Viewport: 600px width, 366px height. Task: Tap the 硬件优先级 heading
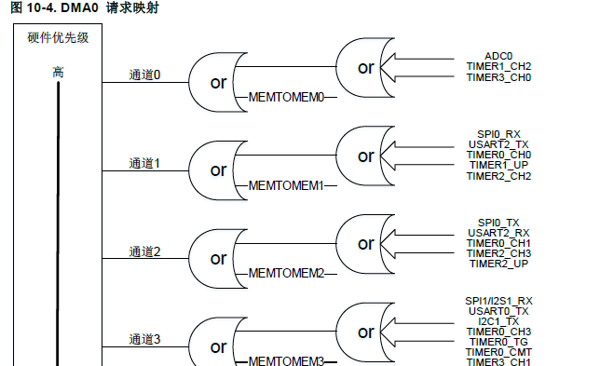coord(58,38)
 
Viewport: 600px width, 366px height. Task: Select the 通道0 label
coord(144,75)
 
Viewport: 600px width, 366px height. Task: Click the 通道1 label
coord(144,163)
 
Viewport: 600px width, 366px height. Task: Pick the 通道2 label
coord(144,251)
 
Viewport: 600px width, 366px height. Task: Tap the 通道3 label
coord(144,340)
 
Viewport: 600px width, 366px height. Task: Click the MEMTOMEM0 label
coord(286,97)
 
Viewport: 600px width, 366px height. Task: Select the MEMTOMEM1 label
coord(286,185)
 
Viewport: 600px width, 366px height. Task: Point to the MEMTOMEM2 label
coord(286,273)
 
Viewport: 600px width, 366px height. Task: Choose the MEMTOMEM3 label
coord(286,361)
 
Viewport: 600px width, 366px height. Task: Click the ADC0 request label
coord(499,55)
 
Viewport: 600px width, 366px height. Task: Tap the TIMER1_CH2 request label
coord(499,66)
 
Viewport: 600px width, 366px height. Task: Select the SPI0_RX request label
coord(499,133)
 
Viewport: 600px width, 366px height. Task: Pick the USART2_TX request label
coord(499,143)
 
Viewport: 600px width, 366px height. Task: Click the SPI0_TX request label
coord(499,222)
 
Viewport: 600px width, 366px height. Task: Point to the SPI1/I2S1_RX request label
coord(499,300)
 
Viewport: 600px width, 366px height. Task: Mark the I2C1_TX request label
coord(499,321)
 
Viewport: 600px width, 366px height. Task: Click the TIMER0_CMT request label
coord(499,352)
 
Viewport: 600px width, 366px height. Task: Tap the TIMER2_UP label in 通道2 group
coord(499,264)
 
